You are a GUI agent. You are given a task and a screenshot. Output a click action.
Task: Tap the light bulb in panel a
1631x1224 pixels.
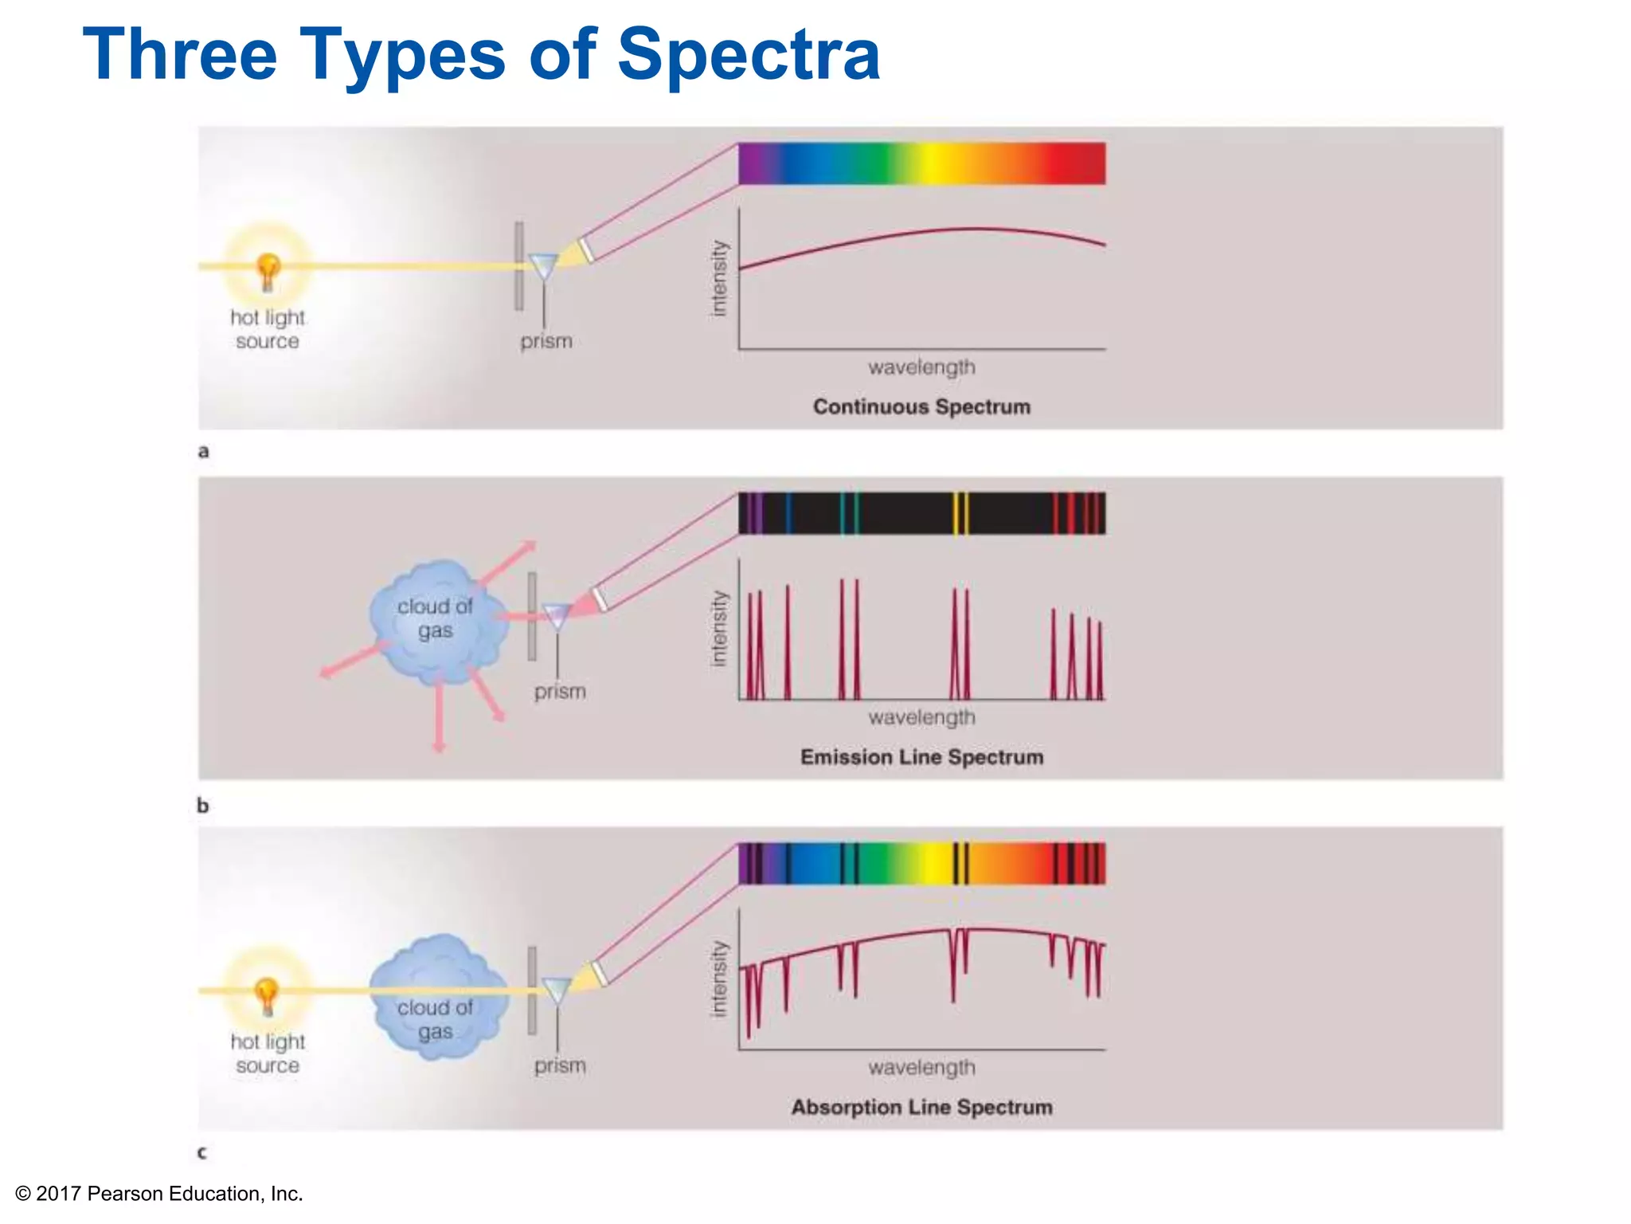click(x=268, y=271)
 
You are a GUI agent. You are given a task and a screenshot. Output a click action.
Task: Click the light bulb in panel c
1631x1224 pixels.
click(x=267, y=996)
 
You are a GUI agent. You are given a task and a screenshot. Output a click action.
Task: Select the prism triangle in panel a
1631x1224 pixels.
click(x=544, y=266)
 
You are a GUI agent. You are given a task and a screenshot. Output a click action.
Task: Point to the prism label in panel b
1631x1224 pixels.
click(x=560, y=691)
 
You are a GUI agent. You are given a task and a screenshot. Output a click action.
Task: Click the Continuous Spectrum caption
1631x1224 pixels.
click(x=921, y=406)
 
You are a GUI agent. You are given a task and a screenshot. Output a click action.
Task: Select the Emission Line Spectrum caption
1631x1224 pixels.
click(x=921, y=757)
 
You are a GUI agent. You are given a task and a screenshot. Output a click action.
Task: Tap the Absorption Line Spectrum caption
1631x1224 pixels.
click(x=921, y=1107)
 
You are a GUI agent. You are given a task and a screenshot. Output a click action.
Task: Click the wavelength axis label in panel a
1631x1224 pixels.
click(x=921, y=367)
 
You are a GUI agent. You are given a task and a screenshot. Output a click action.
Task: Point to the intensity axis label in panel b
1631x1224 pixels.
click(x=719, y=628)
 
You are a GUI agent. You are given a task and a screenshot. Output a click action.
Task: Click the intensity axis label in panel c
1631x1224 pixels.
click(x=719, y=979)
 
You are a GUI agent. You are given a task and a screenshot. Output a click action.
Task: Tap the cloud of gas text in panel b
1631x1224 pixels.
click(x=435, y=618)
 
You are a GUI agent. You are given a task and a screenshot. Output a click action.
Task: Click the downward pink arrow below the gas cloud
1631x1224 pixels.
click(x=439, y=717)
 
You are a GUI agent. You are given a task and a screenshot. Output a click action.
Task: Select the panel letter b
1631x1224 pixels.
click(x=203, y=806)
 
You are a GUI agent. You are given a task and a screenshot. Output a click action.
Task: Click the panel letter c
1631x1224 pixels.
click(x=202, y=1152)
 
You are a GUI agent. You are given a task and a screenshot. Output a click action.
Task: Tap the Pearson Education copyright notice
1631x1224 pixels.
click(x=159, y=1193)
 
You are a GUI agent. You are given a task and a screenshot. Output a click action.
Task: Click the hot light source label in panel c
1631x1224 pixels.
click(x=268, y=1053)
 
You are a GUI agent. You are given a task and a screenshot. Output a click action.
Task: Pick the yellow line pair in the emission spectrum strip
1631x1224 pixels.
click(x=961, y=513)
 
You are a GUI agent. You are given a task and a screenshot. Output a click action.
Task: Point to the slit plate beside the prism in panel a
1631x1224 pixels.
click(x=519, y=266)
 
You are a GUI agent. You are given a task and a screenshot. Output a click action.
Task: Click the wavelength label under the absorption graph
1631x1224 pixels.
click(x=921, y=1067)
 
